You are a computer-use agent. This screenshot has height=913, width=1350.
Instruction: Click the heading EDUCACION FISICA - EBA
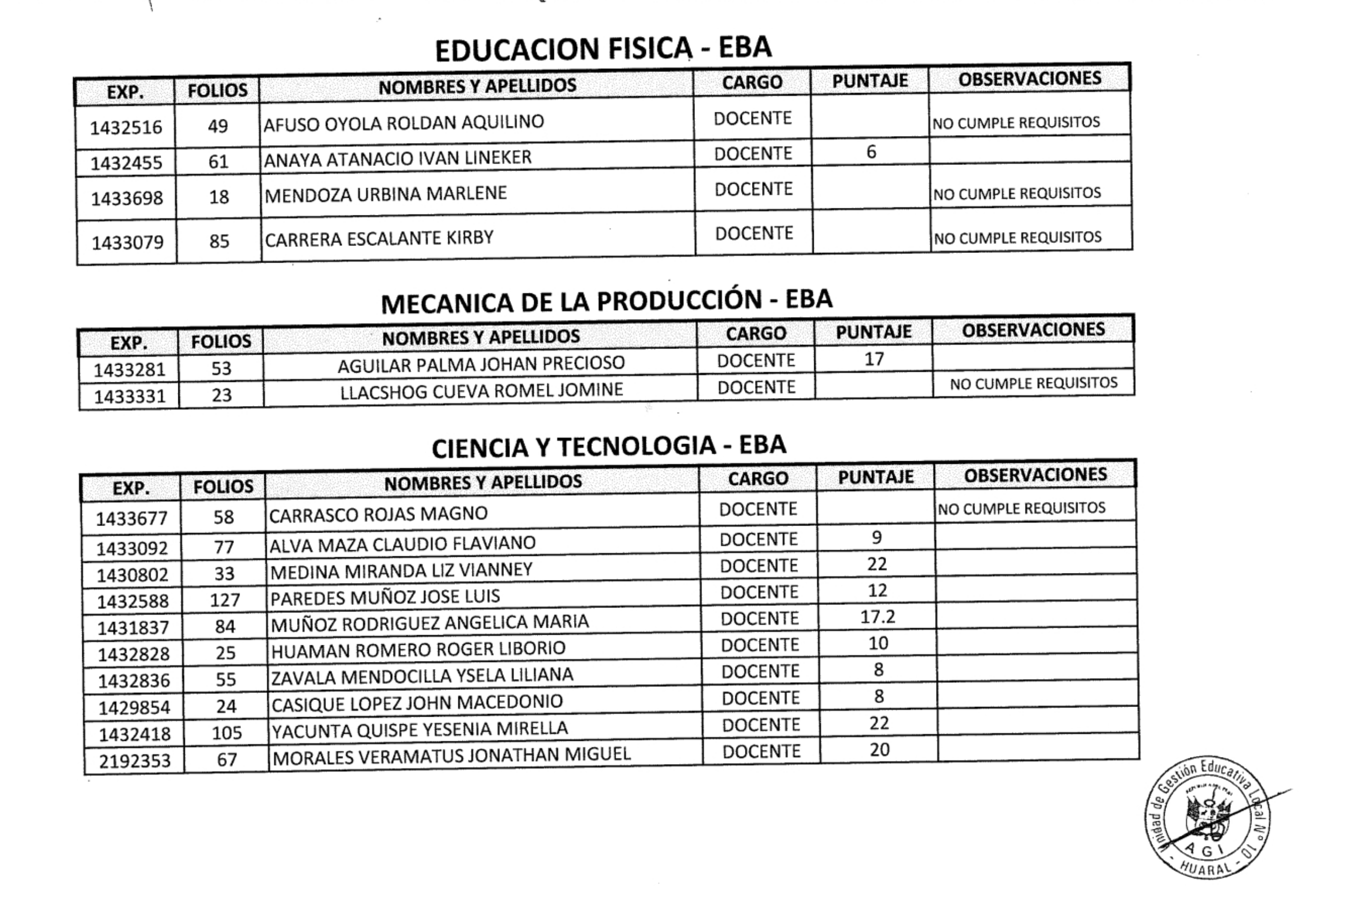pos(603,49)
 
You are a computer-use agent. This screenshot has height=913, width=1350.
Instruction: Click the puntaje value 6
pos(871,152)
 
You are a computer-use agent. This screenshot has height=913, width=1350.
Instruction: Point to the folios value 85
pos(219,241)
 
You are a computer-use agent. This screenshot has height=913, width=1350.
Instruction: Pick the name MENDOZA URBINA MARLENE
pos(386,194)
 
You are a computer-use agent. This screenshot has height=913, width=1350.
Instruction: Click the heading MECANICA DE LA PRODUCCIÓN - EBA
pos(607,301)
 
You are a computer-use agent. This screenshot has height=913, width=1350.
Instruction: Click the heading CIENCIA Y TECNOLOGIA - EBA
pos(609,447)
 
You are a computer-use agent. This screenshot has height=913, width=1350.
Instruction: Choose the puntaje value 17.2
pos(877,617)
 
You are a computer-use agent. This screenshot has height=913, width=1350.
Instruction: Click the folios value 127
pos(225,600)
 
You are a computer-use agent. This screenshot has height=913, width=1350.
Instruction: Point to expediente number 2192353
pos(135,761)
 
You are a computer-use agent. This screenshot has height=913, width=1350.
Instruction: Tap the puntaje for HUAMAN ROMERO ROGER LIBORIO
pos(877,643)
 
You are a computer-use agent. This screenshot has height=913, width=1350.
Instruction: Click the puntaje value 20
pos(879,750)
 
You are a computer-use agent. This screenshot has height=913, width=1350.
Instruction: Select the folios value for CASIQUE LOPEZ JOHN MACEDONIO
pos(226,707)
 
